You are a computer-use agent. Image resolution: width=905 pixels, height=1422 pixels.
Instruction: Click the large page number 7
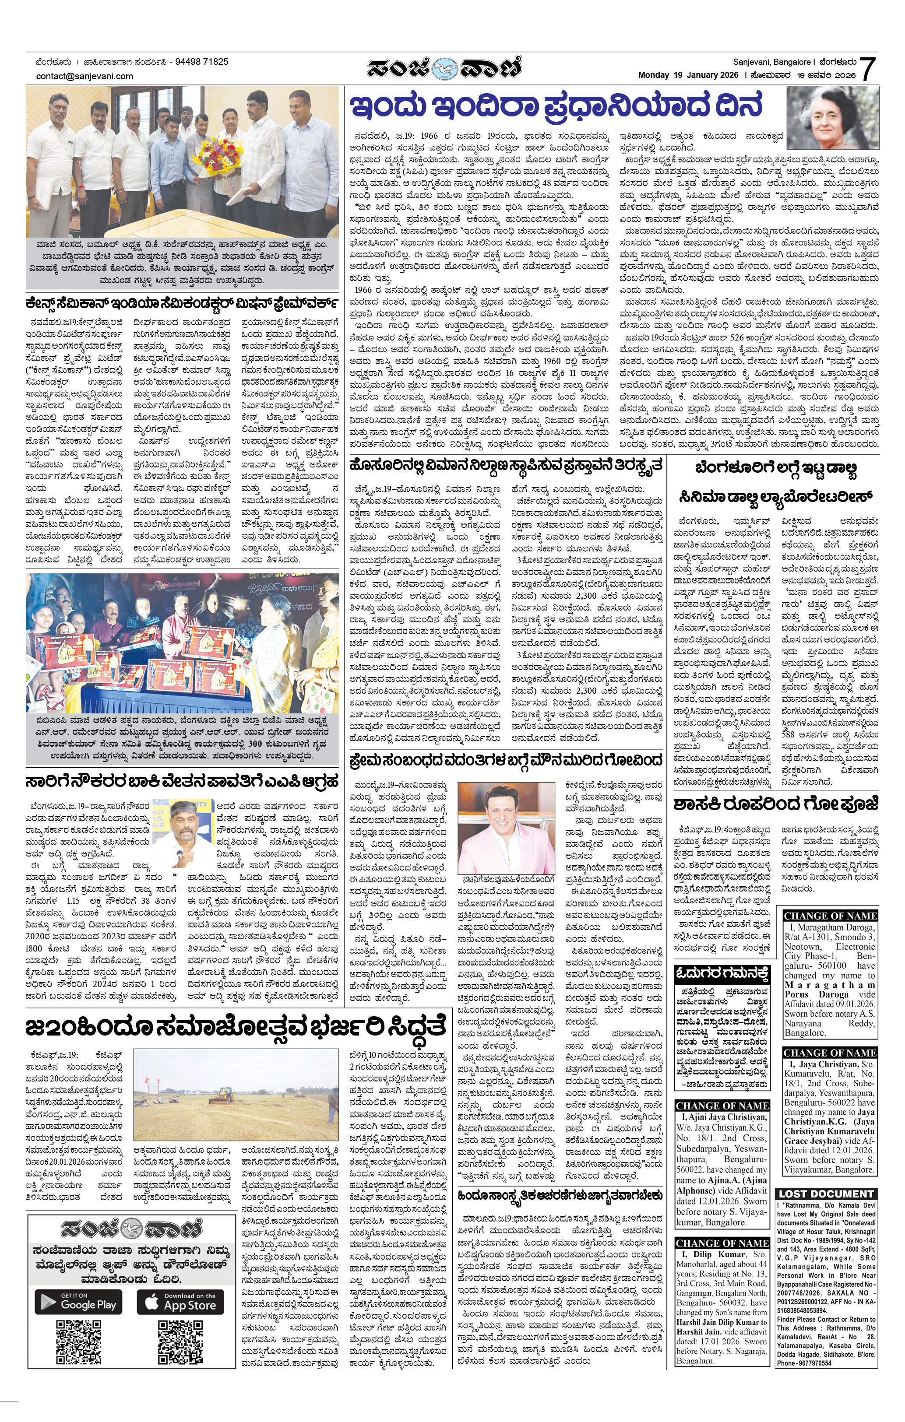866,69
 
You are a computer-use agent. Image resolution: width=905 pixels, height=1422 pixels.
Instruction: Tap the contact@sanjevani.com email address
85,76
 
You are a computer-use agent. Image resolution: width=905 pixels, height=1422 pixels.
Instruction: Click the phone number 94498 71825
200,61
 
